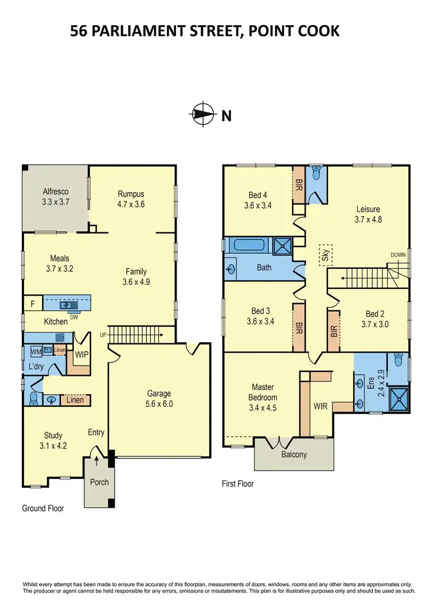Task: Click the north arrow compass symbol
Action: (201, 115)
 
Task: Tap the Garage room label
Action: (159, 394)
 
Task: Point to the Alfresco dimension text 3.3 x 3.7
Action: (55, 202)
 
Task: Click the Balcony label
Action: (294, 455)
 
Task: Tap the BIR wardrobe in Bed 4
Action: (298, 184)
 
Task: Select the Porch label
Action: (99, 482)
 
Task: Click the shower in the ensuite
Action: (397, 399)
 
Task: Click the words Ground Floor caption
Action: (43, 508)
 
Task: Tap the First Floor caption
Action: (237, 484)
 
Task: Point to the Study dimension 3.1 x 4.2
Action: (53, 444)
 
